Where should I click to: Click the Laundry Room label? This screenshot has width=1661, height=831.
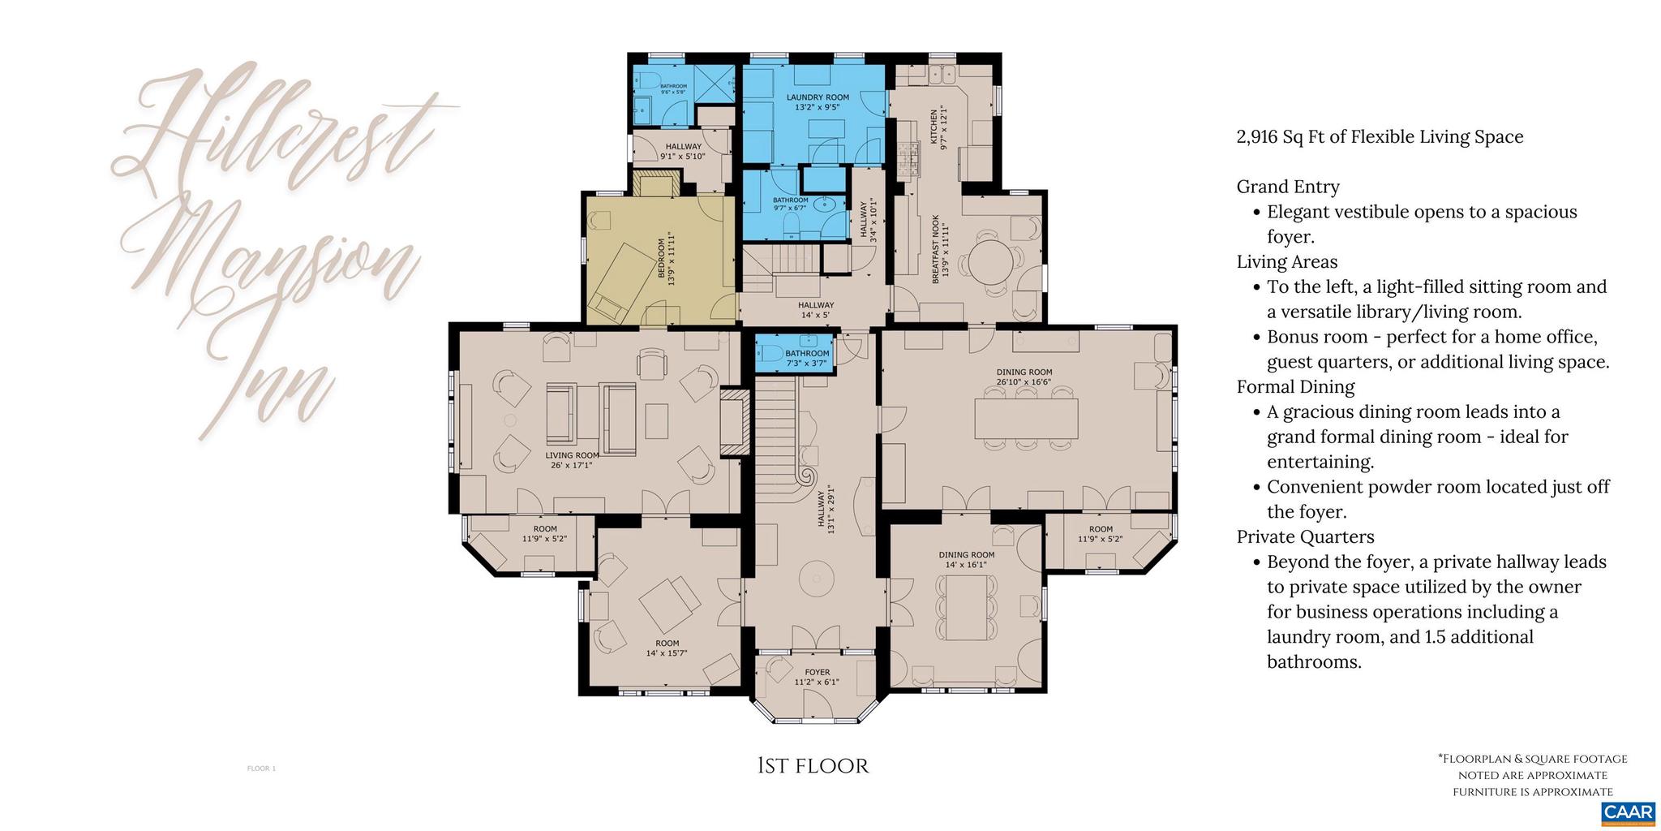pos(818,101)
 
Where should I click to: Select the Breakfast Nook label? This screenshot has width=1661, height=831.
pos(940,249)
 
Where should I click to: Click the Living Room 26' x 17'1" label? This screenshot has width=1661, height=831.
pos(572,460)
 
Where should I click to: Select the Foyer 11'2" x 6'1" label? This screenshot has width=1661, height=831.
pos(817,677)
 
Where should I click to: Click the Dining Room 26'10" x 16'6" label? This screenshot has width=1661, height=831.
pos(1024,377)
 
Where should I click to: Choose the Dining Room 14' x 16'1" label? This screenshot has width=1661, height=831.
pos(967,559)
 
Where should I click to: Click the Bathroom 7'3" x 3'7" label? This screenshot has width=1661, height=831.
pos(807,358)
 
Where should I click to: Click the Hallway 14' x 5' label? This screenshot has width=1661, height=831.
pos(816,309)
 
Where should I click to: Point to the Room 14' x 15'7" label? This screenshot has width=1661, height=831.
pos(667,648)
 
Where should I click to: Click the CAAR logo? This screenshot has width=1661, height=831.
pos(1628,812)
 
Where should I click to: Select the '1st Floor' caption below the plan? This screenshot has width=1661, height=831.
pos(813,766)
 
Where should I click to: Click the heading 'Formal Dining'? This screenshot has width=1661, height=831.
pos(1295,387)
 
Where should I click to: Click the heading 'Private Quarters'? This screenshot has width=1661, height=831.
pos(1305,536)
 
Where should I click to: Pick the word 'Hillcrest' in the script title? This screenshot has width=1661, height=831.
pos(276,130)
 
